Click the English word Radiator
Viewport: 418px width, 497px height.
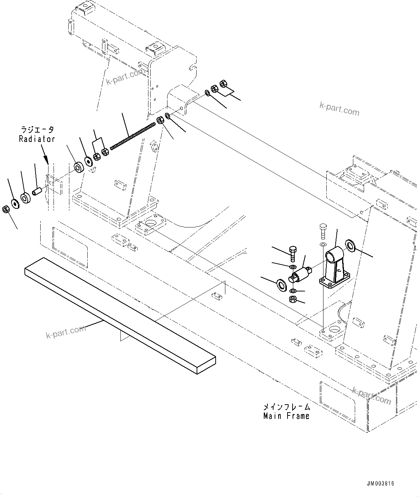(x=37, y=139)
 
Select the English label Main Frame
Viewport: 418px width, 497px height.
(x=286, y=416)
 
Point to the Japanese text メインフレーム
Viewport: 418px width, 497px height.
(x=286, y=407)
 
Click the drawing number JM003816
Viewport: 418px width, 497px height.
(x=381, y=483)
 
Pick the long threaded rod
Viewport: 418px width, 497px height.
(x=133, y=136)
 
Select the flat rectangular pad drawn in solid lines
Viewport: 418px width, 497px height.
(x=120, y=316)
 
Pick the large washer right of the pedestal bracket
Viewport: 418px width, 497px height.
(x=350, y=245)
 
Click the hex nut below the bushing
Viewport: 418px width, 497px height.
(x=293, y=299)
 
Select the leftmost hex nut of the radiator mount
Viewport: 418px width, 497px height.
(x=6, y=209)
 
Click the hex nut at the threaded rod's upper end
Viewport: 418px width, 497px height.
(x=160, y=121)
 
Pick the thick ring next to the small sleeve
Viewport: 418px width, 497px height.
(x=26, y=198)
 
